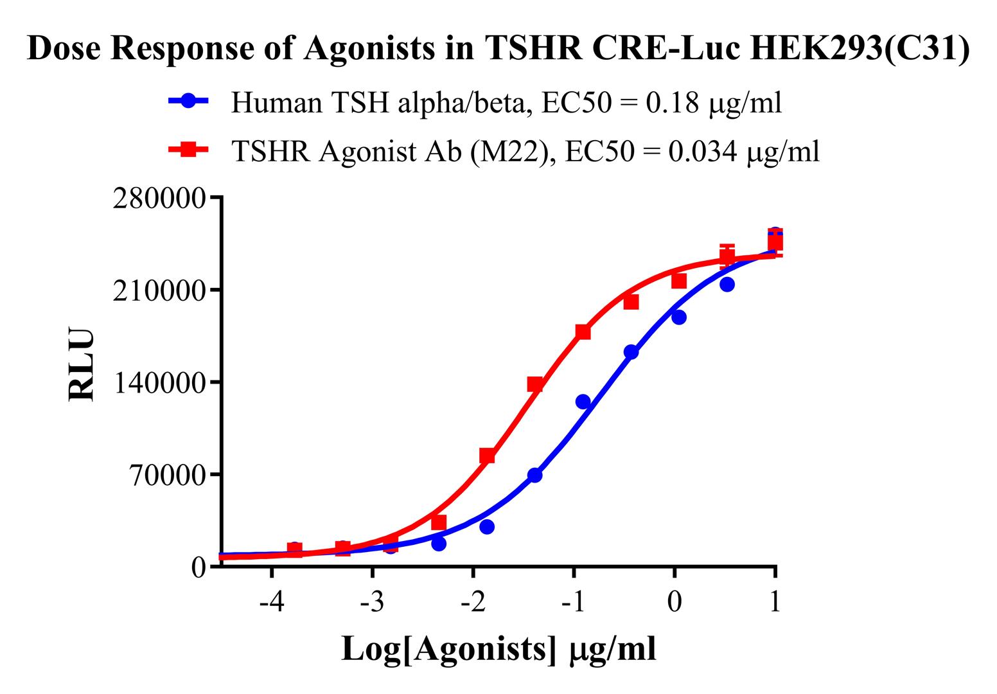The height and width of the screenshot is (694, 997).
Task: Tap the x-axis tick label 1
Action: pyautogui.click(x=775, y=603)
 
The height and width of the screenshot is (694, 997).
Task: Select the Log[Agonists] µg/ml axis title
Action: pyautogui.click(x=499, y=649)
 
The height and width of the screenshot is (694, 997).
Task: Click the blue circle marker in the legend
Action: pyautogui.click(x=188, y=101)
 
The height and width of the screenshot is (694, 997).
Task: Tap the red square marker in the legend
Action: pyautogui.click(x=188, y=150)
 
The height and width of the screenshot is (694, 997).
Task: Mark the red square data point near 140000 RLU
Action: pyautogui.click(x=535, y=384)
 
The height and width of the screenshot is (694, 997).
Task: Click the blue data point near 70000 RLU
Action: pyautogui.click(x=534, y=475)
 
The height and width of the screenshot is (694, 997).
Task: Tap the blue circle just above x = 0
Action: pyautogui.click(x=679, y=317)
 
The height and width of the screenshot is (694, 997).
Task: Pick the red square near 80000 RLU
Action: pyautogui.click(x=487, y=456)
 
